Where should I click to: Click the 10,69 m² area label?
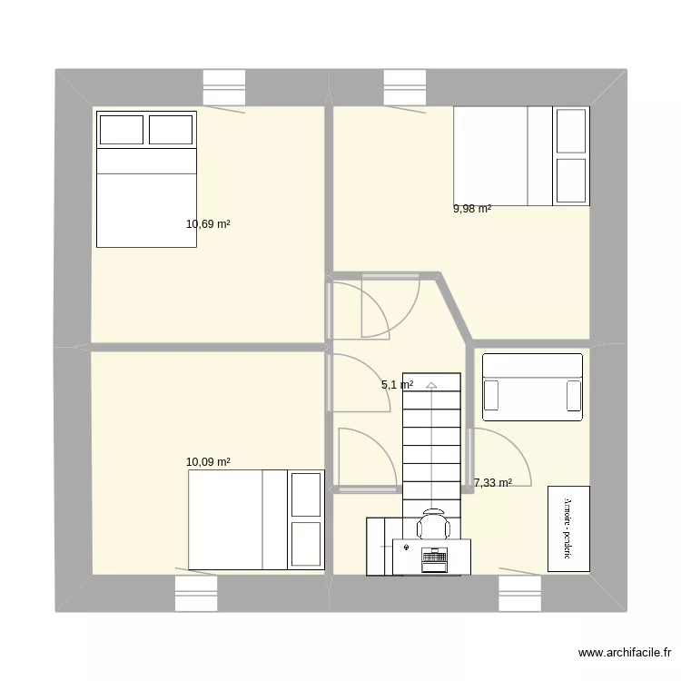click(x=208, y=223)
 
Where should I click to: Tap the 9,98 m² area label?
click(x=472, y=209)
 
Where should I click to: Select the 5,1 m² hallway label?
click(x=398, y=385)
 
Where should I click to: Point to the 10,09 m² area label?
click(x=208, y=462)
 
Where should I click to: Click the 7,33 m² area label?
click(x=492, y=483)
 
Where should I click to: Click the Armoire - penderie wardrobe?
click(x=568, y=529)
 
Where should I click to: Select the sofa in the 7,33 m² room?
click(x=532, y=388)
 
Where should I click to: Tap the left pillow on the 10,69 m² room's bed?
click(x=122, y=130)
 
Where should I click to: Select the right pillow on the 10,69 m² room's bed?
click(x=171, y=130)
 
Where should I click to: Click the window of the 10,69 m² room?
click(x=224, y=88)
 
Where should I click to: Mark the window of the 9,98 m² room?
click(x=405, y=88)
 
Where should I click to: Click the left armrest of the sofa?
click(x=491, y=396)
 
